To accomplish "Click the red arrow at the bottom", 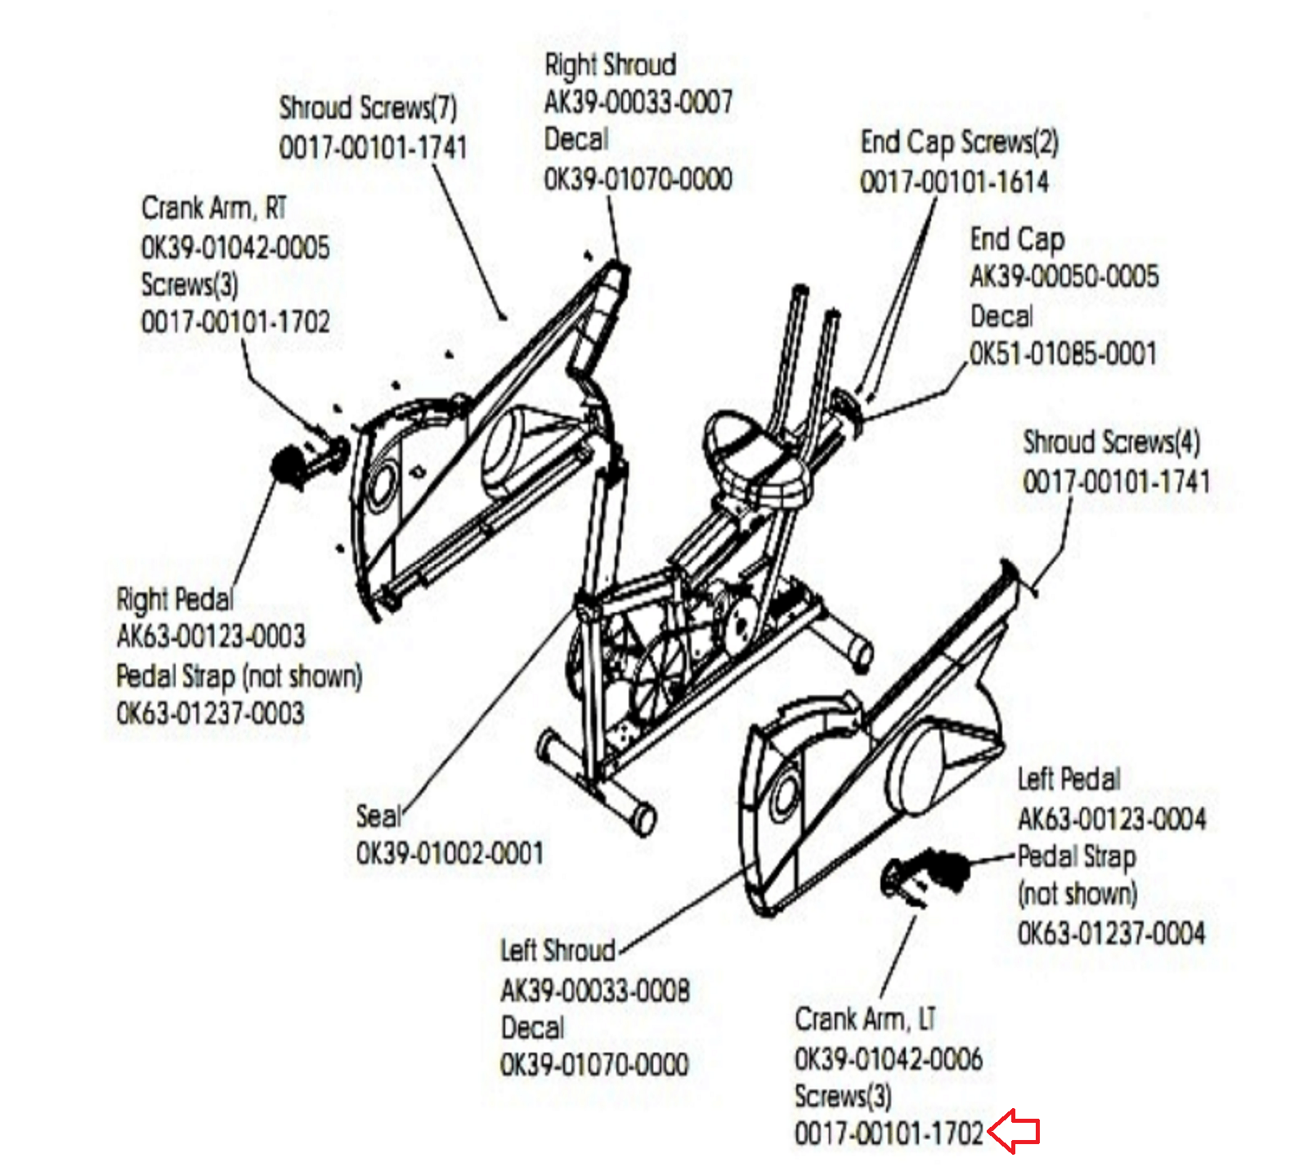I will pyautogui.click(x=1015, y=1131).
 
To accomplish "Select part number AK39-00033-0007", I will pyautogui.click(x=638, y=102).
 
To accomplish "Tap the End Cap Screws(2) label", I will pyautogui.click(x=959, y=142).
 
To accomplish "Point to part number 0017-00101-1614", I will pyautogui.click(x=954, y=182).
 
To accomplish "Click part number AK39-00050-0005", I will pyautogui.click(x=1064, y=276).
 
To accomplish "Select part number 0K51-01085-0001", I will pyautogui.click(x=1063, y=353).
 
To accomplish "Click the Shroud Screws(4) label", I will pyautogui.click(x=1111, y=442).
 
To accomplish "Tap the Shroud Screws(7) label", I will pyautogui.click(x=368, y=108).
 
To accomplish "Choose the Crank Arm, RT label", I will pyautogui.click(x=214, y=208).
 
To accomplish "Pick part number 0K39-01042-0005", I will pyautogui.click(x=235, y=247).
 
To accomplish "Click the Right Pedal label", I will pyautogui.click(x=175, y=599).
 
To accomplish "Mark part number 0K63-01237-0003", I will pyautogui.click(x=210, y=713).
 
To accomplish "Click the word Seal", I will pyautogui.click(x=379, y=815).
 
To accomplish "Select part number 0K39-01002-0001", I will pyautogui.click(x=450, y=854).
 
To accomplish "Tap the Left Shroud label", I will pyautogui.click(x=558, y=950).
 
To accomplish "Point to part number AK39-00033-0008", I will pyautogui.click(x=594, y=990).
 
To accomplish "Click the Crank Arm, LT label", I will pyautogui.click(x=865, y=1020).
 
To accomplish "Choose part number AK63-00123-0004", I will pyautogui.click(x=1111, y=818).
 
